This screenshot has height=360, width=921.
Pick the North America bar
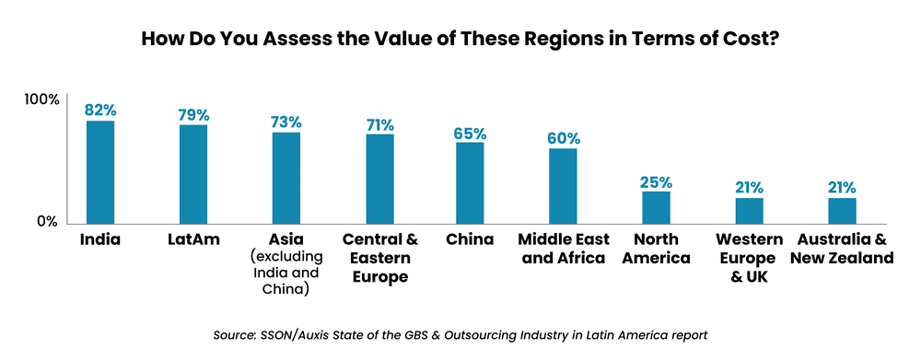[x=656, y=206]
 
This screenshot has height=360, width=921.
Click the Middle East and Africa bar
[x=563, y=185]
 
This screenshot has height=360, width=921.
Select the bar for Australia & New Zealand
[x=842, y=209]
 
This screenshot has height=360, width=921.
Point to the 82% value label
[x=100, y=110]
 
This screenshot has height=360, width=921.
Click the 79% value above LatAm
[x=193, y=114]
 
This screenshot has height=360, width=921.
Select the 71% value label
[x=379, y=123]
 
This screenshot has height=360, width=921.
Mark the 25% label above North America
[x=656, y=181]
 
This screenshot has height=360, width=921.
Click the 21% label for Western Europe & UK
[x=749, y=187]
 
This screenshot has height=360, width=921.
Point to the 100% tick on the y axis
[x=41, y=99]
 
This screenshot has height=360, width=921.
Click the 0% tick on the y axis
[x=48, y=222]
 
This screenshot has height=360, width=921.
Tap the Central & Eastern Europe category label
[x=379, y=259]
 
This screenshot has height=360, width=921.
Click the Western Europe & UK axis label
[x=749, y=259]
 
